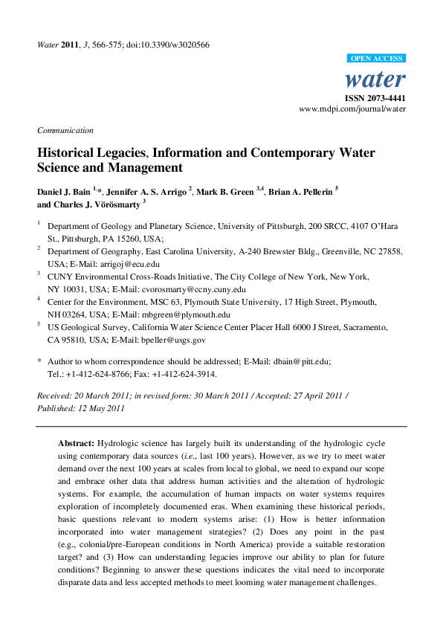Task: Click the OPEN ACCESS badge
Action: [376, 59]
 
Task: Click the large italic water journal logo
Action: [376, 80]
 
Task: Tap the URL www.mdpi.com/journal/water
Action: [352, 109]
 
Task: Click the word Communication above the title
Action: [65, 130]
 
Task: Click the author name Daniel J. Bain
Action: [65, 192]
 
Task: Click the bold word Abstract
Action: [76, 442]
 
